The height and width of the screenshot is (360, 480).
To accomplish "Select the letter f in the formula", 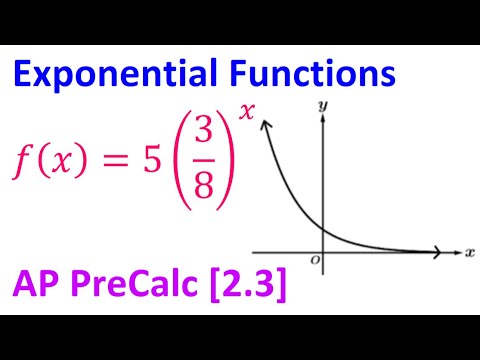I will click(x=22, y=158).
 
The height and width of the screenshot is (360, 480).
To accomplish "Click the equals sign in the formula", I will click(x=118, y=157).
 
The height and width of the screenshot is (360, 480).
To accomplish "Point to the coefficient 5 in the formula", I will click(x=153, y=156).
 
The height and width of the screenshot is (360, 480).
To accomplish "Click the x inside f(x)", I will click(x=61, y=158).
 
